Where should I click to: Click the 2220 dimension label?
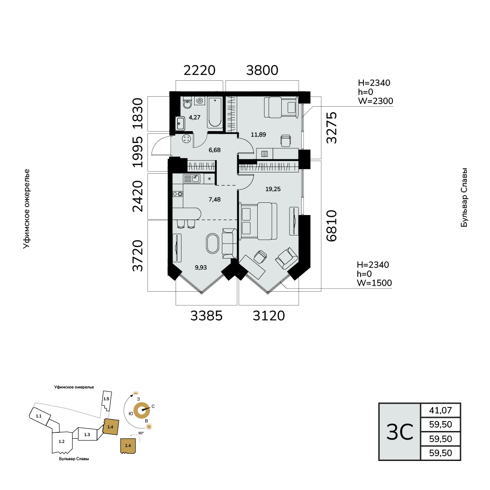pyautogui.click(x=199, y=70)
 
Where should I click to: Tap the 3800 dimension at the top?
pyautogui.click(x=262, y=70)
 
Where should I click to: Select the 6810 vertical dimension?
pyautogui.click(x=332, y=225)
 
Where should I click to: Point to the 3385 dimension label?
pyautogui.click(x=206, y=316)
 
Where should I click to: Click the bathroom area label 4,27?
pyautogui.click(x=194, y=118)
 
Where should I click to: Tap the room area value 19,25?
pyautogui.click(x=273, y=189)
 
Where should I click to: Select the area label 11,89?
pyautogui.click(x=259, y=135)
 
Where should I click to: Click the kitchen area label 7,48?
pyautogui.click(x=215, y=199)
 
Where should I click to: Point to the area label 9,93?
pyautogui.click(x=201, y=268)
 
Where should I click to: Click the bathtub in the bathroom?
pyautogui.click(x=215, y=113)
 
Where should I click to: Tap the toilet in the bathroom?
pyautogui.click(x=187, y=103)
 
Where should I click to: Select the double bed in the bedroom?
pyautogui.click(x=259, y=221)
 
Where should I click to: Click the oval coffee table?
pyautogui.click(x=213, y=243)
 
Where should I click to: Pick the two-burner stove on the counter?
pyautogui.click(x=178, y=194)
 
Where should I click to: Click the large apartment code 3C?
pyautogui.click(x=400, y=432)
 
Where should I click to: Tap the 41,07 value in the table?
pyautogui.click(x=440, y=410)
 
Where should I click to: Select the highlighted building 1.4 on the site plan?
pyautogui.click(x=111, y=426)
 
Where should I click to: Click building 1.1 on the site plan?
pyautogui.click(x=39, y=416)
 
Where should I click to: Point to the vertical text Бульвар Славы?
pyautogui.click(x=464, y=198)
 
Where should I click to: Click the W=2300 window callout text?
pyautogui.click(x=375, y=101)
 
